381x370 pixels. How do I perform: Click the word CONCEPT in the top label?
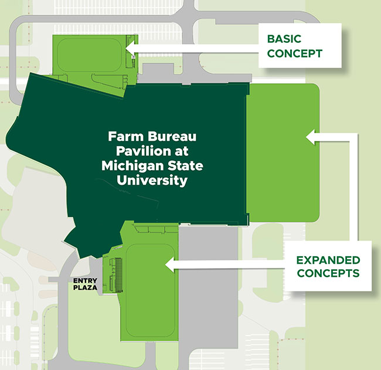tap(295, 53)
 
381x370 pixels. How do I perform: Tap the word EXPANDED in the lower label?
tap(328, 259)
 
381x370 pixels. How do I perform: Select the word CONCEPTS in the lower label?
tap(328, 273)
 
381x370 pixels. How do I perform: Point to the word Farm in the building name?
tap(123, 137)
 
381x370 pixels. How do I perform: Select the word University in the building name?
tap(152, 180)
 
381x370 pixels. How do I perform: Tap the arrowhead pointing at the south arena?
tap(170, 266)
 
